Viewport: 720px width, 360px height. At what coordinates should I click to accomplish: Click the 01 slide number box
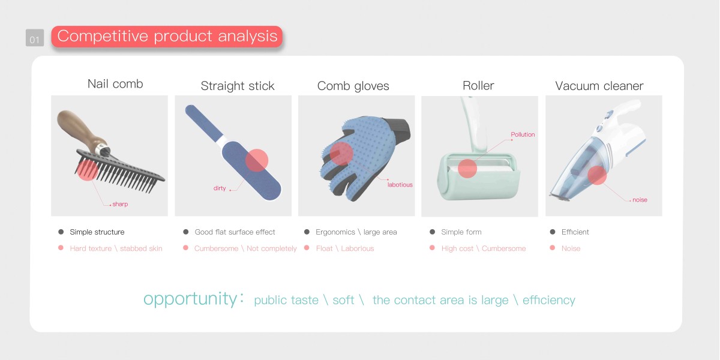point(35,38)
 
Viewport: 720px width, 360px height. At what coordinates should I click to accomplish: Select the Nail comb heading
point(115,84)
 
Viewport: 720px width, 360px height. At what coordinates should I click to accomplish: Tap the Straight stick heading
point(238,86)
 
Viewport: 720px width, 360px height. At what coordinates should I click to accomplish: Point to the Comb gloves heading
point(353,86)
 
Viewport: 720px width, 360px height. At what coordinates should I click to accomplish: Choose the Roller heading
point(478,85)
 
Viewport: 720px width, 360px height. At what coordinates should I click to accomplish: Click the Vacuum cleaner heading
point(599,86)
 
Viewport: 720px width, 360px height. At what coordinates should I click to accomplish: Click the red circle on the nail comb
point(88,170)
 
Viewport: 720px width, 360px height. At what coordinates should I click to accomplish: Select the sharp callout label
point(120,204)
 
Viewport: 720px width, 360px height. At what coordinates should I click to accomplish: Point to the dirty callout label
point(220,188)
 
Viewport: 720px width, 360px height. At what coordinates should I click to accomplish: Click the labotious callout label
point(400,185)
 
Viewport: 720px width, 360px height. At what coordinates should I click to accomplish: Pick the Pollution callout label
point(523,134)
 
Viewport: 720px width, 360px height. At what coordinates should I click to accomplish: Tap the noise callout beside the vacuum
point(640,200)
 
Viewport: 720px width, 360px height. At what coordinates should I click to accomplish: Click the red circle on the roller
point(467,168)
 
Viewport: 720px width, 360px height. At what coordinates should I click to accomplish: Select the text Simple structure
point(97,232)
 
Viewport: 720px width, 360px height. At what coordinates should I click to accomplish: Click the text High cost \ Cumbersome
point(484,248)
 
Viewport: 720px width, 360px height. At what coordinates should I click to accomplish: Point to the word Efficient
point(575,232)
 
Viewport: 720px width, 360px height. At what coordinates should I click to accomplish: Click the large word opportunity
point(190,299)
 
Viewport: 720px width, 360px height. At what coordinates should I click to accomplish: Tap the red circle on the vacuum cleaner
point(597,175)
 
